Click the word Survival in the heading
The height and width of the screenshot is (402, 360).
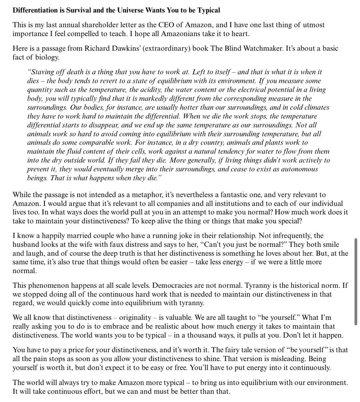pos(80,10)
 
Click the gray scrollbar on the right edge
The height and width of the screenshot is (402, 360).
pos(356,281)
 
